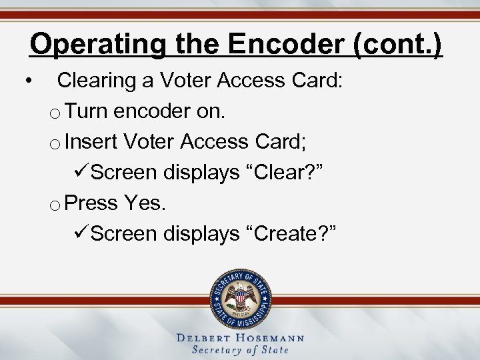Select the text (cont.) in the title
[400, 45]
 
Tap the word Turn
[88, 111]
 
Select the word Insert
[92, 142]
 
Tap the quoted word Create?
[293, 233]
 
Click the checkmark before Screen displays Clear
[79, 173]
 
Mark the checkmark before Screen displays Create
[79, 233]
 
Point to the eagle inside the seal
[241, 297]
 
